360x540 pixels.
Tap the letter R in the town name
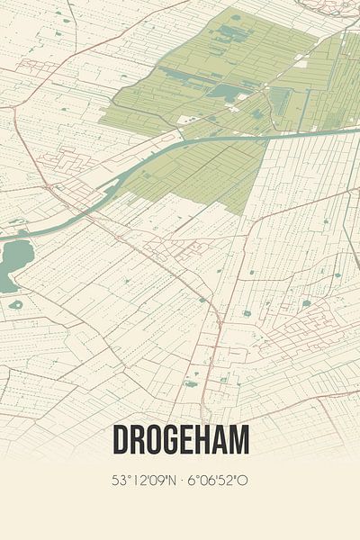136,440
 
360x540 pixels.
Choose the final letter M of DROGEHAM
240,440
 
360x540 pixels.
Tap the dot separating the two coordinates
179,481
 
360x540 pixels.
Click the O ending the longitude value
243,481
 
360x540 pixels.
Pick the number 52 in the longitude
229,481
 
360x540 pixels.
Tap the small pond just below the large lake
15,304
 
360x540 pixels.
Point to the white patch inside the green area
188,119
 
